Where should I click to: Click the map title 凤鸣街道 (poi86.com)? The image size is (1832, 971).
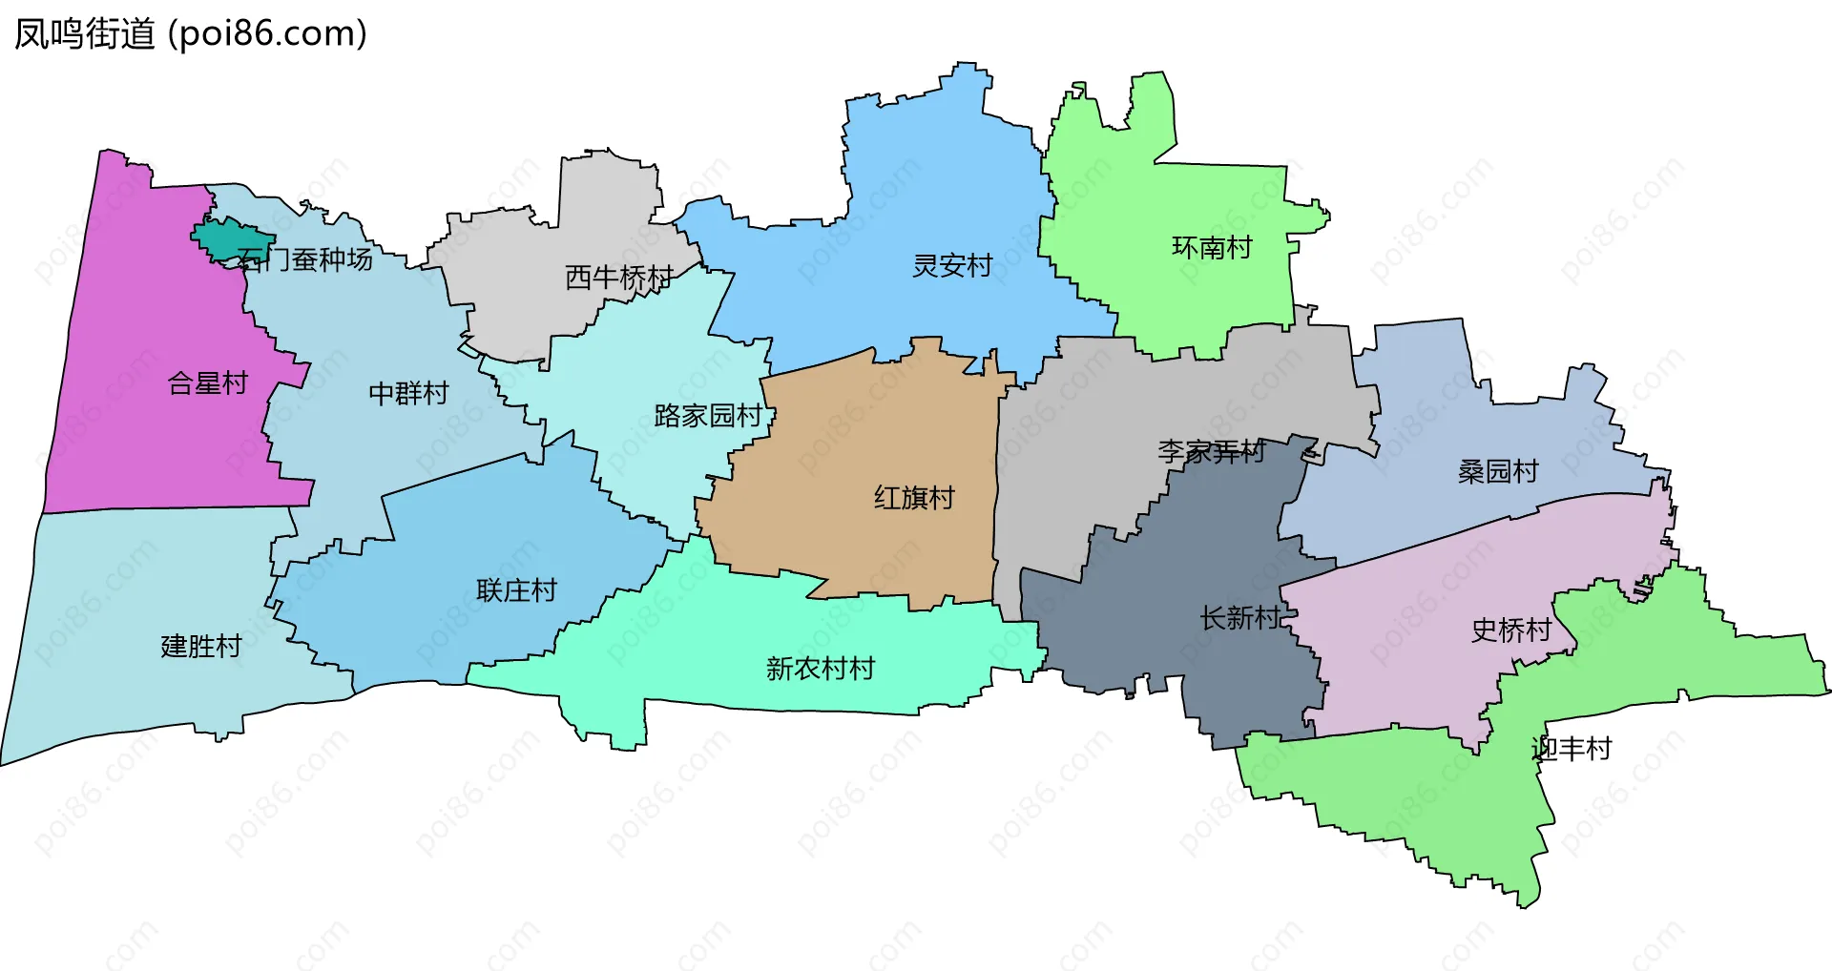click(x=191, y=34)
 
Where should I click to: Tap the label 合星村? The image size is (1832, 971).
click(x=208, y=383)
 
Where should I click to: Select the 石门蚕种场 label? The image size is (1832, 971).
click(x=305, y=259)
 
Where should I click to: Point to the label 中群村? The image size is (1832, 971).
click(x=408, y=393)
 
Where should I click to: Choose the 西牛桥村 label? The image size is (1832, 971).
click(x=619, y=278)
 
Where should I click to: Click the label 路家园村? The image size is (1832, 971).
click(x=708, y=416)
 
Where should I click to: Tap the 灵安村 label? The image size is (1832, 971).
click(x=952, y=265)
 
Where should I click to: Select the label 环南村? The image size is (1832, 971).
click(x=1212, y=248)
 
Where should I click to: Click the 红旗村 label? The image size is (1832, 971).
click(x=914, y=498)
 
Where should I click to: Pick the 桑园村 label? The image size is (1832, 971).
click(x=1498, y=471)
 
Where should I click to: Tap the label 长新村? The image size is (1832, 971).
click(x=1239, y=618)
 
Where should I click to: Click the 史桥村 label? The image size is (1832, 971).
click(x=1511, y=630)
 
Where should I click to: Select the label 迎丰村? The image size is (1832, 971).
click(x=1571, y=749)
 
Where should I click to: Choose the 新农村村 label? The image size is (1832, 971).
click(x=821, y=669)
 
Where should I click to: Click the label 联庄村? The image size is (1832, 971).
click(x=516, y=590)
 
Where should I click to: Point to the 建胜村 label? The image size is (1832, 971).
click(x=201, y=647)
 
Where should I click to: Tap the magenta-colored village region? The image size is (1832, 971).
click(x=143, y=429)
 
